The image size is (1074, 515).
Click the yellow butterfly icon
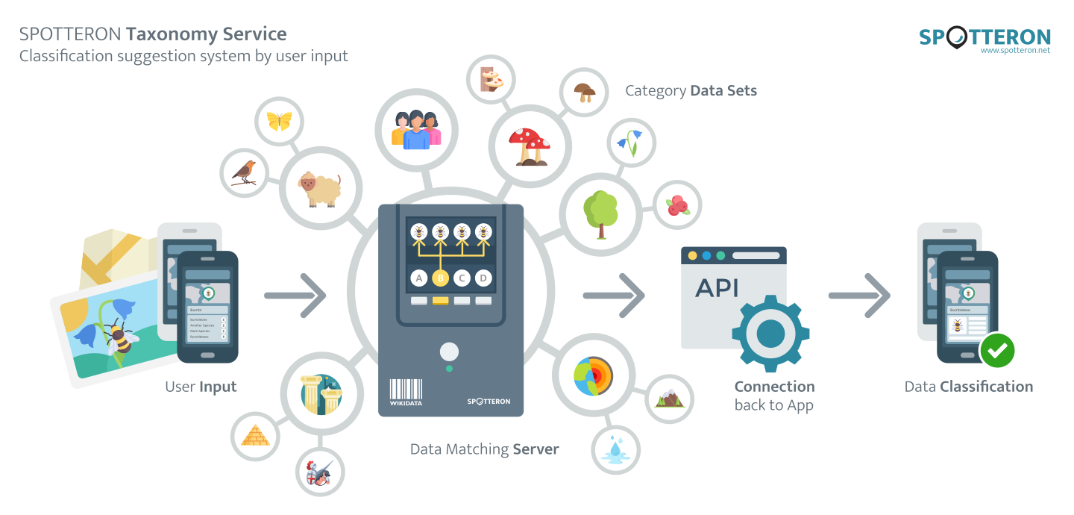tap(279, 121)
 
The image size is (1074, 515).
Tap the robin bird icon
tap(243, 172)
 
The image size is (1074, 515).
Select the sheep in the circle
tap(319, 188)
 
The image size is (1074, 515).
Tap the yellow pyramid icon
tap(255, 434)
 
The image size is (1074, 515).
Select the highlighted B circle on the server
tap(440, 278)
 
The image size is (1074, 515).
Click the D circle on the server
tap(483, 278)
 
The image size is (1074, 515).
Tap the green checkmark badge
tap(997, 350)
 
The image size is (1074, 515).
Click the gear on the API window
tap(770, 333)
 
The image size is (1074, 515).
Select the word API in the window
tap(717, 287)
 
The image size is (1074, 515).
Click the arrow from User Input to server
tap(295, 296)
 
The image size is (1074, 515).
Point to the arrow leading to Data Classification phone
tap(859, 296)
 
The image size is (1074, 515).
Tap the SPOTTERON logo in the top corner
tap(984, 39)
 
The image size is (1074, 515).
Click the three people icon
tap(416, 130)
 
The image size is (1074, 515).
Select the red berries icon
tap(677, 205)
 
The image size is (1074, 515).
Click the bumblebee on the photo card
tap(119, 337)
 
